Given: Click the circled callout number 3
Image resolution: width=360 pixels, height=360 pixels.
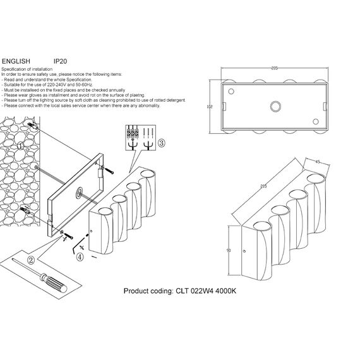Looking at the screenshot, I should pos(161,144).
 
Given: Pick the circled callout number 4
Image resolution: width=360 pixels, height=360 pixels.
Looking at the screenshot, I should pos(79,256).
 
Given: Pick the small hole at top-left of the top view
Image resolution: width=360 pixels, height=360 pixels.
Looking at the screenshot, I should pos(231,90).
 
